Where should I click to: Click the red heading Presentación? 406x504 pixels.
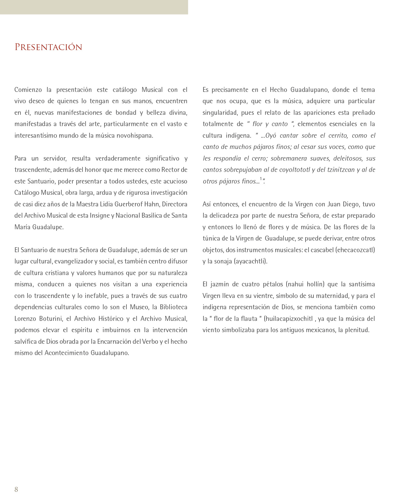49,47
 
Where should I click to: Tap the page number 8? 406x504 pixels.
16,489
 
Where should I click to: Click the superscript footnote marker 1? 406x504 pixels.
261,179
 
